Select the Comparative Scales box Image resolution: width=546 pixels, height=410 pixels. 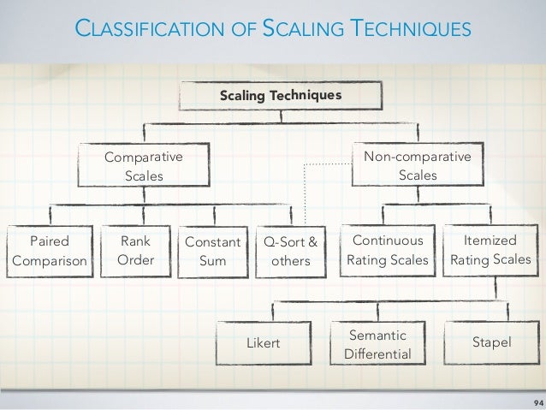coord(144,165)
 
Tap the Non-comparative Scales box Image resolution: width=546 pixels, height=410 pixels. coord(417,165)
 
